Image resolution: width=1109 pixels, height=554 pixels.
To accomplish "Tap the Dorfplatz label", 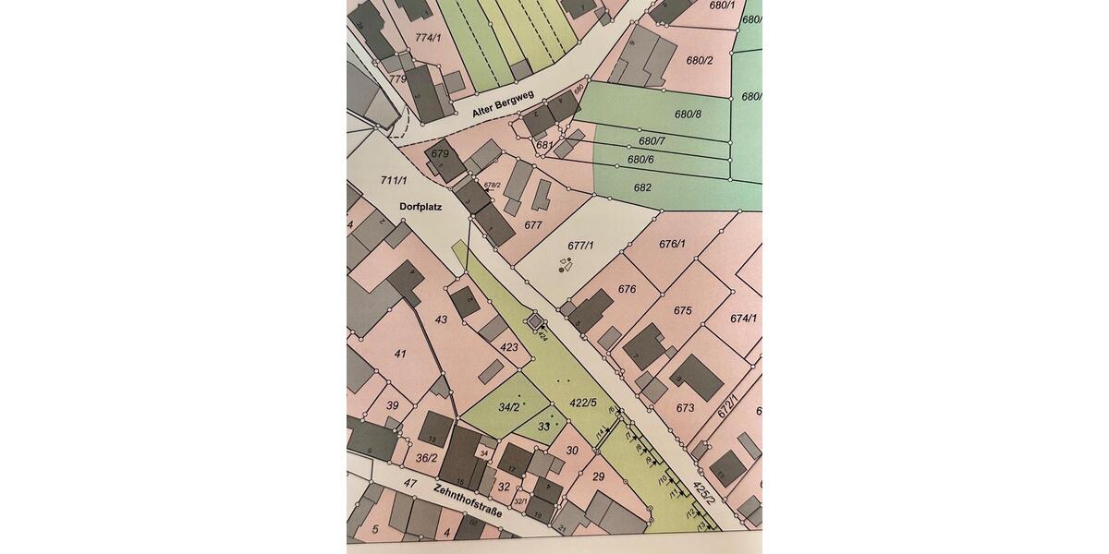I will point(421,207).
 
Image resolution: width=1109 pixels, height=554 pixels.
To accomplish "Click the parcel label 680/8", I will point(689,114).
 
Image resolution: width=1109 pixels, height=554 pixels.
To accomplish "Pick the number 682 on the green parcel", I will point(642,187).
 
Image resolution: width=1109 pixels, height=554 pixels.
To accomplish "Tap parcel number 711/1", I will point(394,180).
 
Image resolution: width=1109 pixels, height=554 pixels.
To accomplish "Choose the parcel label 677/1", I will point(579,246).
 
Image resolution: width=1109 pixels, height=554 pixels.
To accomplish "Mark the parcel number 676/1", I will point(672,244).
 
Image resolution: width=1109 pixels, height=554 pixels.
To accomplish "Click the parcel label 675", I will point(682,310).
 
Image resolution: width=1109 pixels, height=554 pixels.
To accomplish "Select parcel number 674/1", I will point(743,318).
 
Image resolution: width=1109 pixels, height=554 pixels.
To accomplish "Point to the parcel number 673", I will point(685,407).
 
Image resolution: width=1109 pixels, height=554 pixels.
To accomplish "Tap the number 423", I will point(509,347).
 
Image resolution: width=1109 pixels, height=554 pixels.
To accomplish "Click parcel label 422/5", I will point(583,403).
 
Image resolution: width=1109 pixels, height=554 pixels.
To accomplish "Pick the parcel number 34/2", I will point(508,407).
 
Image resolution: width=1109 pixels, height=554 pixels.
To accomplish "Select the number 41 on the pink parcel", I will point(399,354).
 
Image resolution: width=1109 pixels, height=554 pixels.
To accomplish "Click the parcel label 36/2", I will point(426,457).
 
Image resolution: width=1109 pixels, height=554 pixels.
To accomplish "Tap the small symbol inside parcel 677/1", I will point(566,268).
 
